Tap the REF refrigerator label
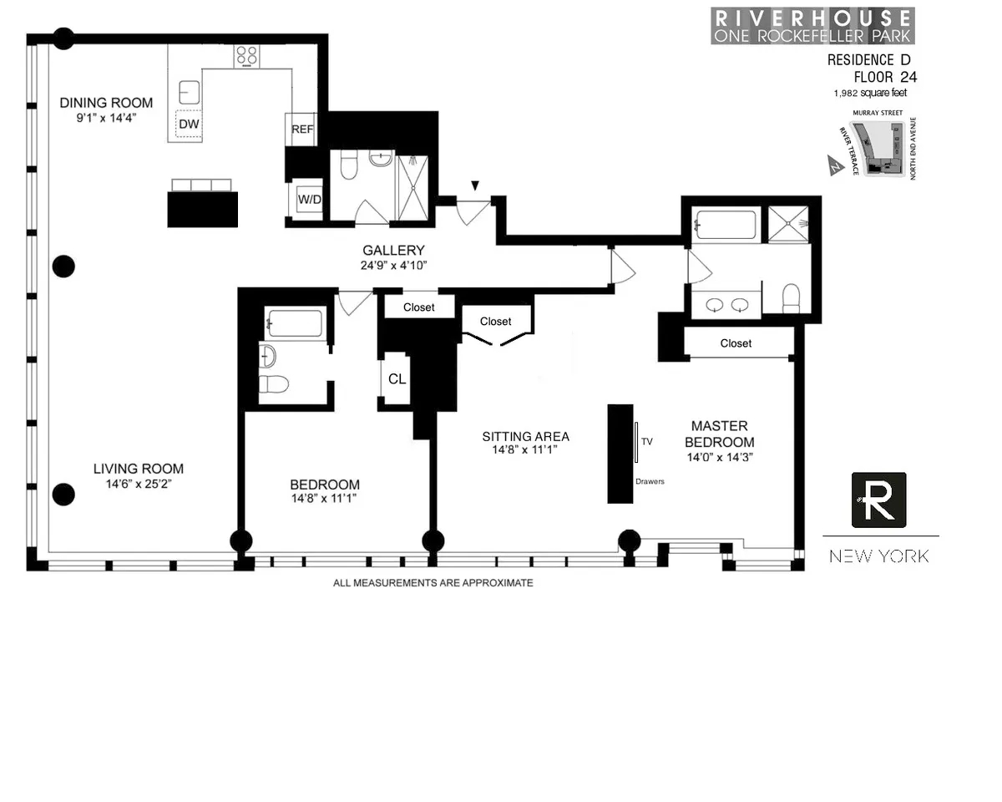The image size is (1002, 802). pos(301,129)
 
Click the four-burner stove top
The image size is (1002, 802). pos(246,55)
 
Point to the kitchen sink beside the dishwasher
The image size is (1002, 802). pos(190,91)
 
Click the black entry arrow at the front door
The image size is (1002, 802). pos(475,185)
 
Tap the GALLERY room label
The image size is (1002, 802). pos(393,251)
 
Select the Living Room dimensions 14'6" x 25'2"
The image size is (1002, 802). pos(138,483)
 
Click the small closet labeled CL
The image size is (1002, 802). pos(397,379)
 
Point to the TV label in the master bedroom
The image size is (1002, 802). pos(646,440)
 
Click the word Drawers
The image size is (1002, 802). pos(650,481)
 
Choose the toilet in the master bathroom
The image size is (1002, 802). pos(791,297)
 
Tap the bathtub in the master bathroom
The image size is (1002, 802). pos(726,226)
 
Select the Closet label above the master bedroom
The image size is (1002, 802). pos(736,343)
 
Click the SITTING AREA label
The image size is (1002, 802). pos(525,436)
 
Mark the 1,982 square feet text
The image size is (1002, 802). pos(869,93)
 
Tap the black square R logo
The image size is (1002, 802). pos(878,500)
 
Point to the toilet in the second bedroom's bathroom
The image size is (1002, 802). pos(273,384)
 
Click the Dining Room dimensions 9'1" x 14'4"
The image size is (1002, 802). pos(105,118)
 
